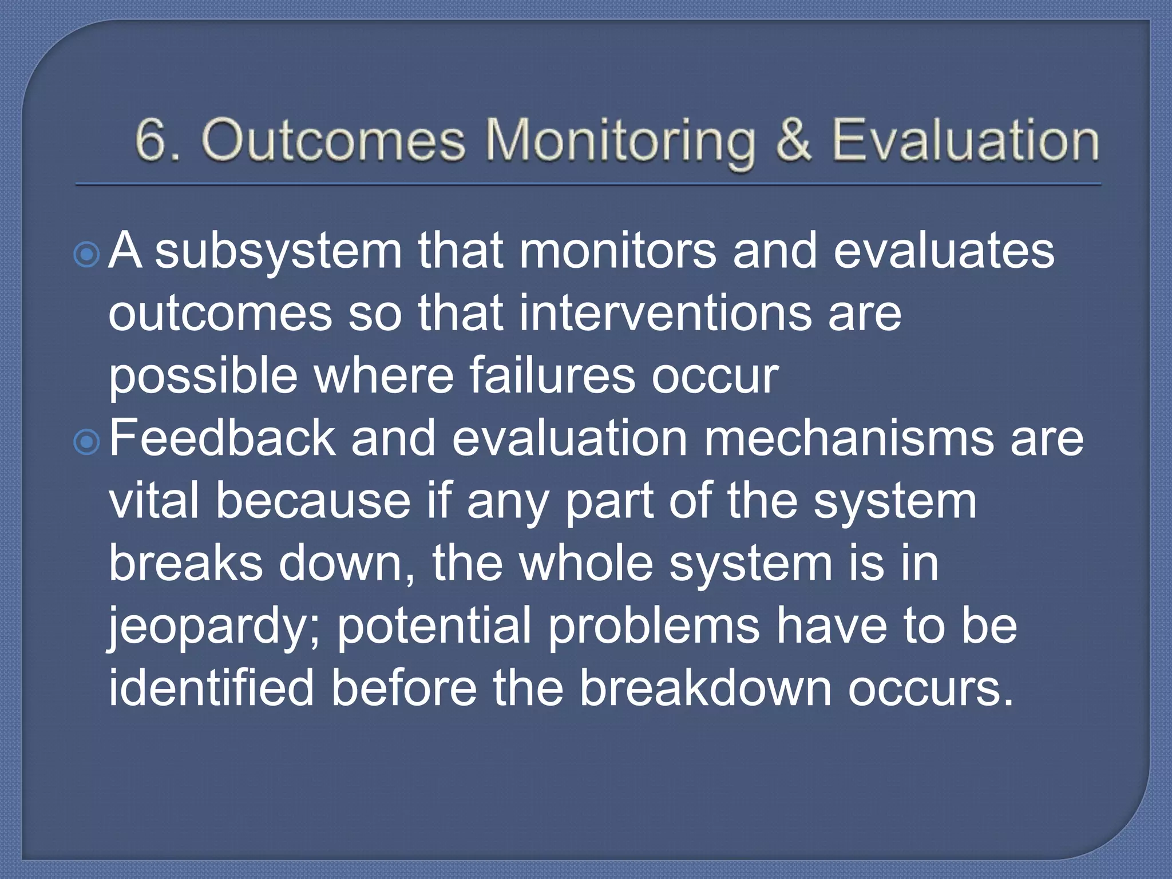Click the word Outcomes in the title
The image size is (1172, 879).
tap(333, 141)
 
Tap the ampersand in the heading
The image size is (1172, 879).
tap(793, 141)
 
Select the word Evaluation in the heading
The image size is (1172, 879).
tap(965, 141)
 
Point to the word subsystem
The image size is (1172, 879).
tap(279, 252)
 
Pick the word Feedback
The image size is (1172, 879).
tap(222, 438)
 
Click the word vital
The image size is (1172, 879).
tap(153, 501)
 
